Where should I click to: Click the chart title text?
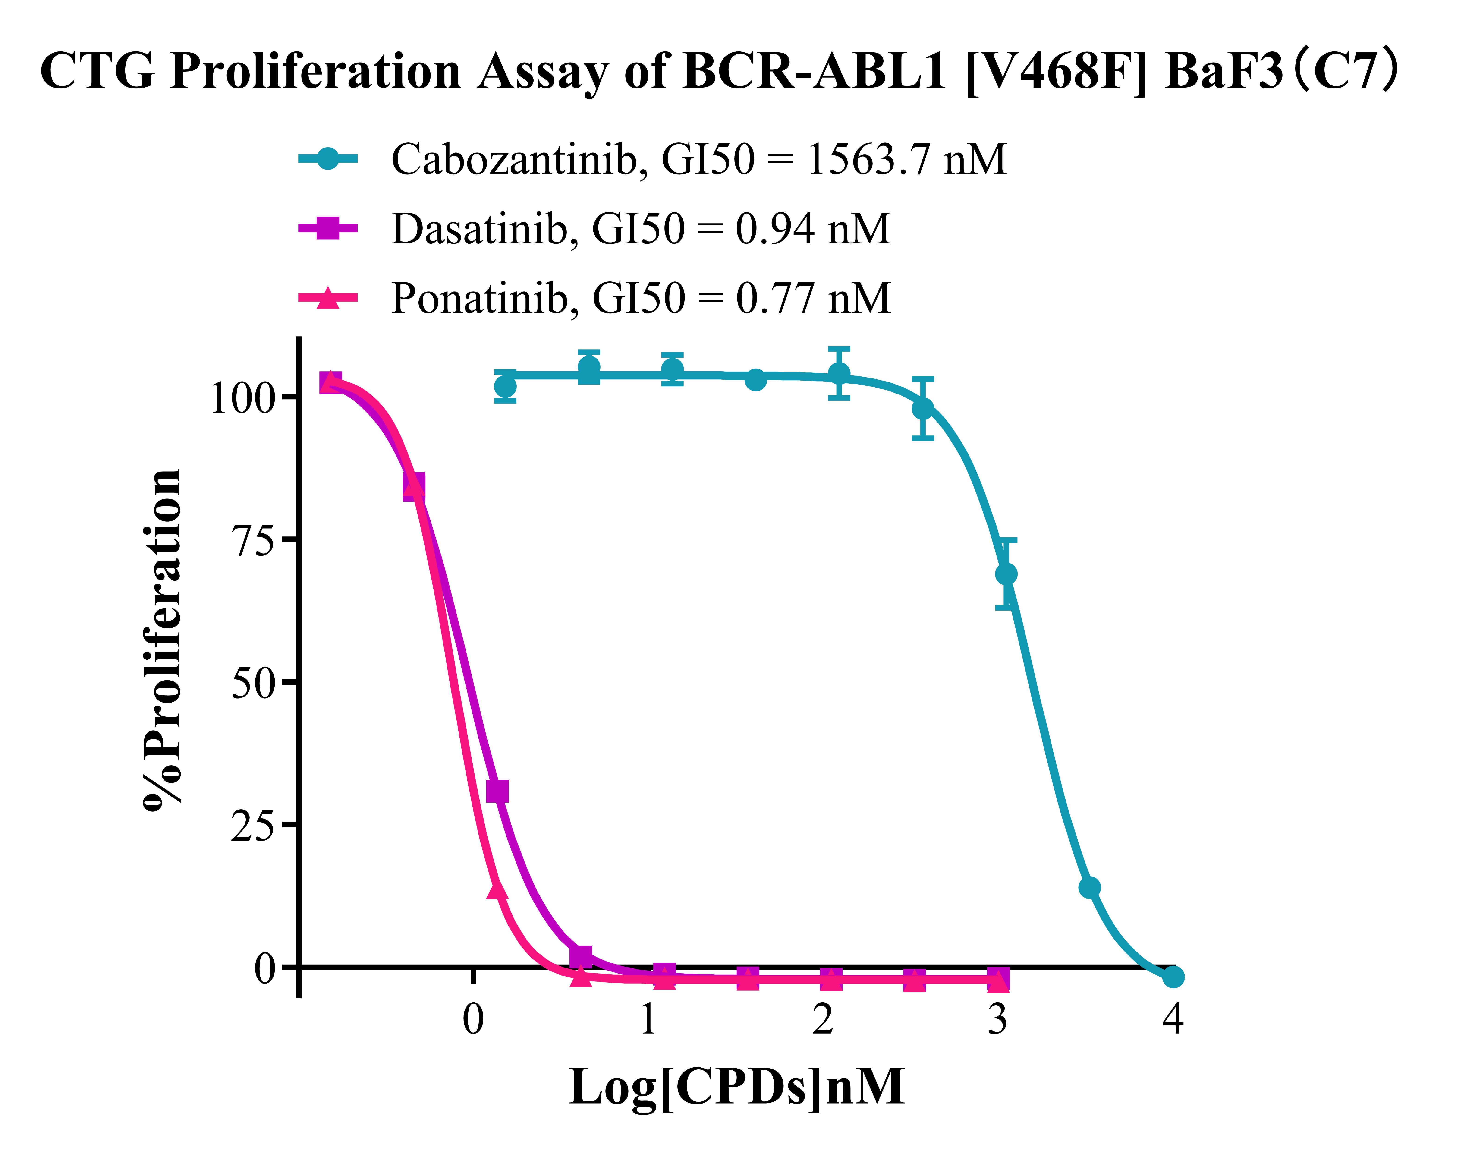click(720, 71)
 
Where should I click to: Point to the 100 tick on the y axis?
click(243, 397)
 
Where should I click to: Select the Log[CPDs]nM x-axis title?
click(736, 1088)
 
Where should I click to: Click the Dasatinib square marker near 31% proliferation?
click(497, 791)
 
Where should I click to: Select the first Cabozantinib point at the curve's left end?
click(505, 386)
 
